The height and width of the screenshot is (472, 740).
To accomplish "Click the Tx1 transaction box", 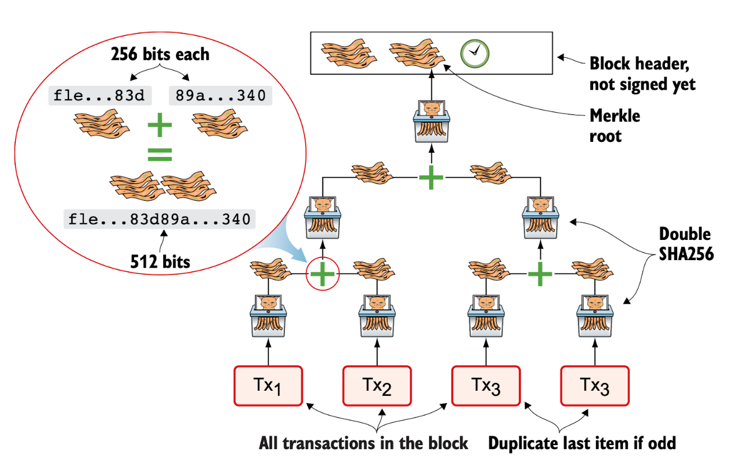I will pyautogui.click(x=267, y=386).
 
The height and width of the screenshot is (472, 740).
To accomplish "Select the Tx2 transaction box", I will pyautogui.click(x=377, y=386).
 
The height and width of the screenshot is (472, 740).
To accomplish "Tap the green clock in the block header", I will pyautogui.click(x=475, y=53).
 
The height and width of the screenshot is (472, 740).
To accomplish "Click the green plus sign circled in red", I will pyautogui.click(x=322, y=274).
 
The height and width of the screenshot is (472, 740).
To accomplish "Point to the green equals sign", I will pyautogui.click(x=160, y=155).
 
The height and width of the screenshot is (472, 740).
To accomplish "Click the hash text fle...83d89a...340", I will pyautogui.click(x=159, y=219).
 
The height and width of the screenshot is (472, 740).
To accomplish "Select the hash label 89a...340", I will pyautogui.click(x=220, y=96).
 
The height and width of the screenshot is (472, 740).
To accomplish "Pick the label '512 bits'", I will pyautogui.click(x=160, y=261).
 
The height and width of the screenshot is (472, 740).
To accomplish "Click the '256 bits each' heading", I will pyautogui.click(x=160, y=54).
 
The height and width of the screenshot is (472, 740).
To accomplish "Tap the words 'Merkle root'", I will pyautogui.click(x=614, y=126).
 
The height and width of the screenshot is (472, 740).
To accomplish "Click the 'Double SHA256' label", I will pyautogui.click(x=685, y=243).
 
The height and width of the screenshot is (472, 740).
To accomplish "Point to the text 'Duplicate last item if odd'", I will pyautogui.click(x=582, y=443).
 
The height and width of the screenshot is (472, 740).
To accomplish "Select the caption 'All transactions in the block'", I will pyautogui.click(x=363, y=443).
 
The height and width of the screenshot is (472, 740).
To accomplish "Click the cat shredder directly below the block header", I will pyautogui.click(x=431, y=121).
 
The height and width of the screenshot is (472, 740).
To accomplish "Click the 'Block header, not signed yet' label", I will pyautogui.click(x=642, y=73).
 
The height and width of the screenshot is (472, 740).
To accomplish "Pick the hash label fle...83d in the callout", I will pyautogui.click(x=99, y=96).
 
